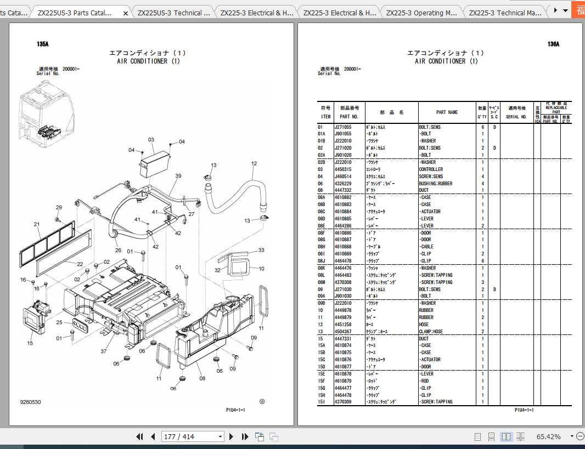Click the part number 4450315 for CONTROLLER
[343, 169]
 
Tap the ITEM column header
[325, 116]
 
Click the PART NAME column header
[447, 112]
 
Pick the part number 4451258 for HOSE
[343, 325]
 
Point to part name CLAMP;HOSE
[431, 332]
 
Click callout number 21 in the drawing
[37, 224]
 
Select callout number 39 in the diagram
[178, 176]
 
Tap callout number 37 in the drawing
[103, 351]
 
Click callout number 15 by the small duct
[30, 343]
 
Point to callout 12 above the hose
[254, 163]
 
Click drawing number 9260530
[30, 402]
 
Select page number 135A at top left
[43, 44]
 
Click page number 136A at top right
[553, 44]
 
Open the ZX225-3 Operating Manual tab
[420, 13]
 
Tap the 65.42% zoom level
[548, 436]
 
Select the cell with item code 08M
[323, 282]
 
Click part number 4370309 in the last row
[343, 402]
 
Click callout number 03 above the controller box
[151, 139]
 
